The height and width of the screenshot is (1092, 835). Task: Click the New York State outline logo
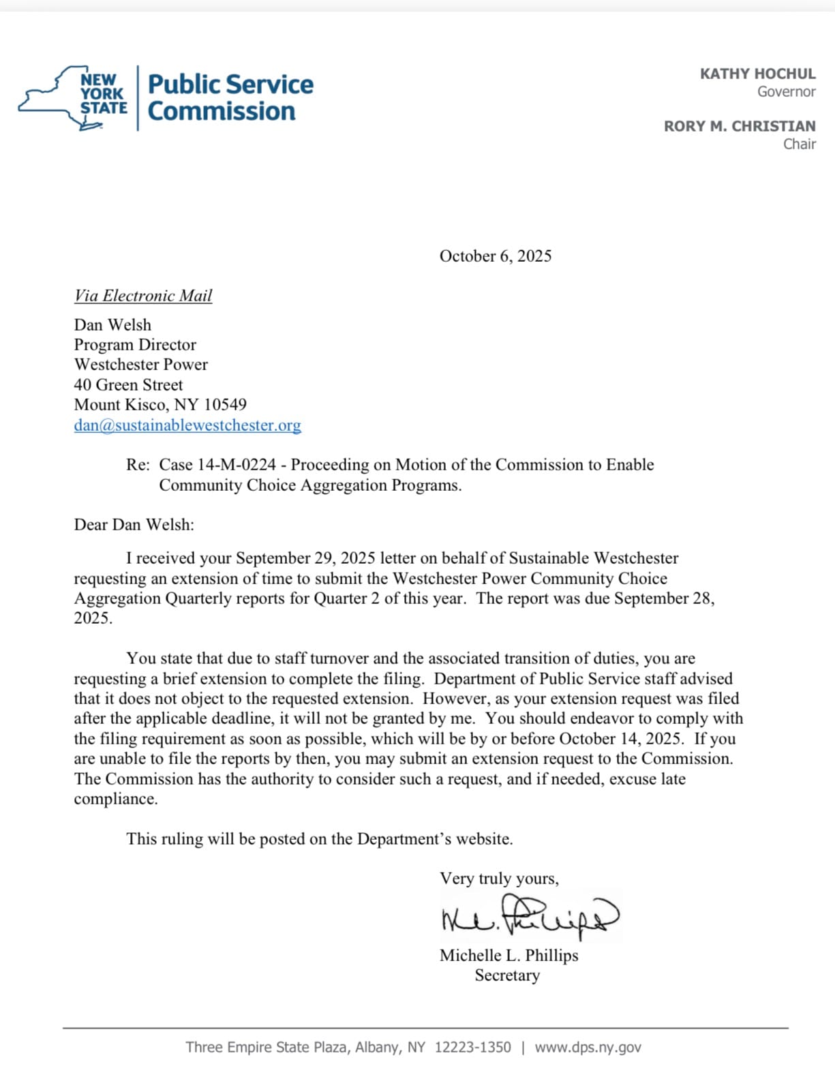point(72,97)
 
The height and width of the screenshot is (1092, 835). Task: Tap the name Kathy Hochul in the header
point(757,74)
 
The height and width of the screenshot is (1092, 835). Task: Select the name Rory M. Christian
point(740,126)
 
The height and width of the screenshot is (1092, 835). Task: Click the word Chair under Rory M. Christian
point(799,144)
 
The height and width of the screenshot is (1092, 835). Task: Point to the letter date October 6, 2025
point(496,256)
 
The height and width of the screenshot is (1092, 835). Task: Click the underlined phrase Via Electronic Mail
point(143,295)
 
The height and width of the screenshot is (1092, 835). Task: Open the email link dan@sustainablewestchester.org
point(187,425)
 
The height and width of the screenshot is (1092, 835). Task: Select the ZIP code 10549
point(225,404)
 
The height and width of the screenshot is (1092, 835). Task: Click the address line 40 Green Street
point(128,384)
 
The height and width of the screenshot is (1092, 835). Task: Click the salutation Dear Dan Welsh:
point(134,524)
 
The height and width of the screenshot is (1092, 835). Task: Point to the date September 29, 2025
point(305,558)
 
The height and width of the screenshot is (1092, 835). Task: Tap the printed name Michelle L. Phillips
point(508,955)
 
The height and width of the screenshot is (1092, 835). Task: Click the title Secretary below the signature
point(507,975)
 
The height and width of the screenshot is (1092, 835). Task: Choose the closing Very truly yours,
point(499,878)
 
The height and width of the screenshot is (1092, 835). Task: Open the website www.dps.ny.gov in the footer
point(588,1047)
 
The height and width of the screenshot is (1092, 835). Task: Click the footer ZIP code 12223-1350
point(472,1047)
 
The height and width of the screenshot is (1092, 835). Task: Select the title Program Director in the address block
point(135,344)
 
